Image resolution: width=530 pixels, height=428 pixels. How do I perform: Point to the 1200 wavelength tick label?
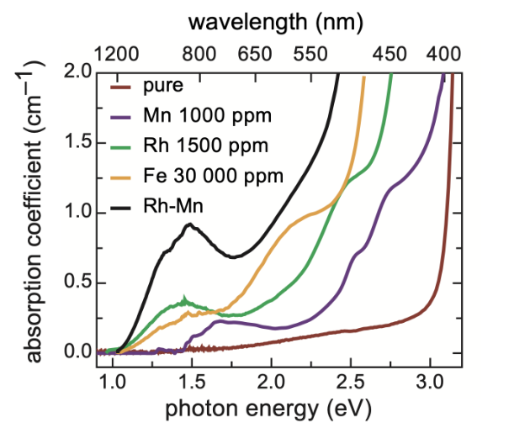point(116,54)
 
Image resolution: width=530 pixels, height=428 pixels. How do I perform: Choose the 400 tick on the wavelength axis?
point(444,54)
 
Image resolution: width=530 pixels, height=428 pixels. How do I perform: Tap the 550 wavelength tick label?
point(310,54)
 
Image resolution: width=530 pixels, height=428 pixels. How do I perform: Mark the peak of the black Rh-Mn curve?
point(191,225)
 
